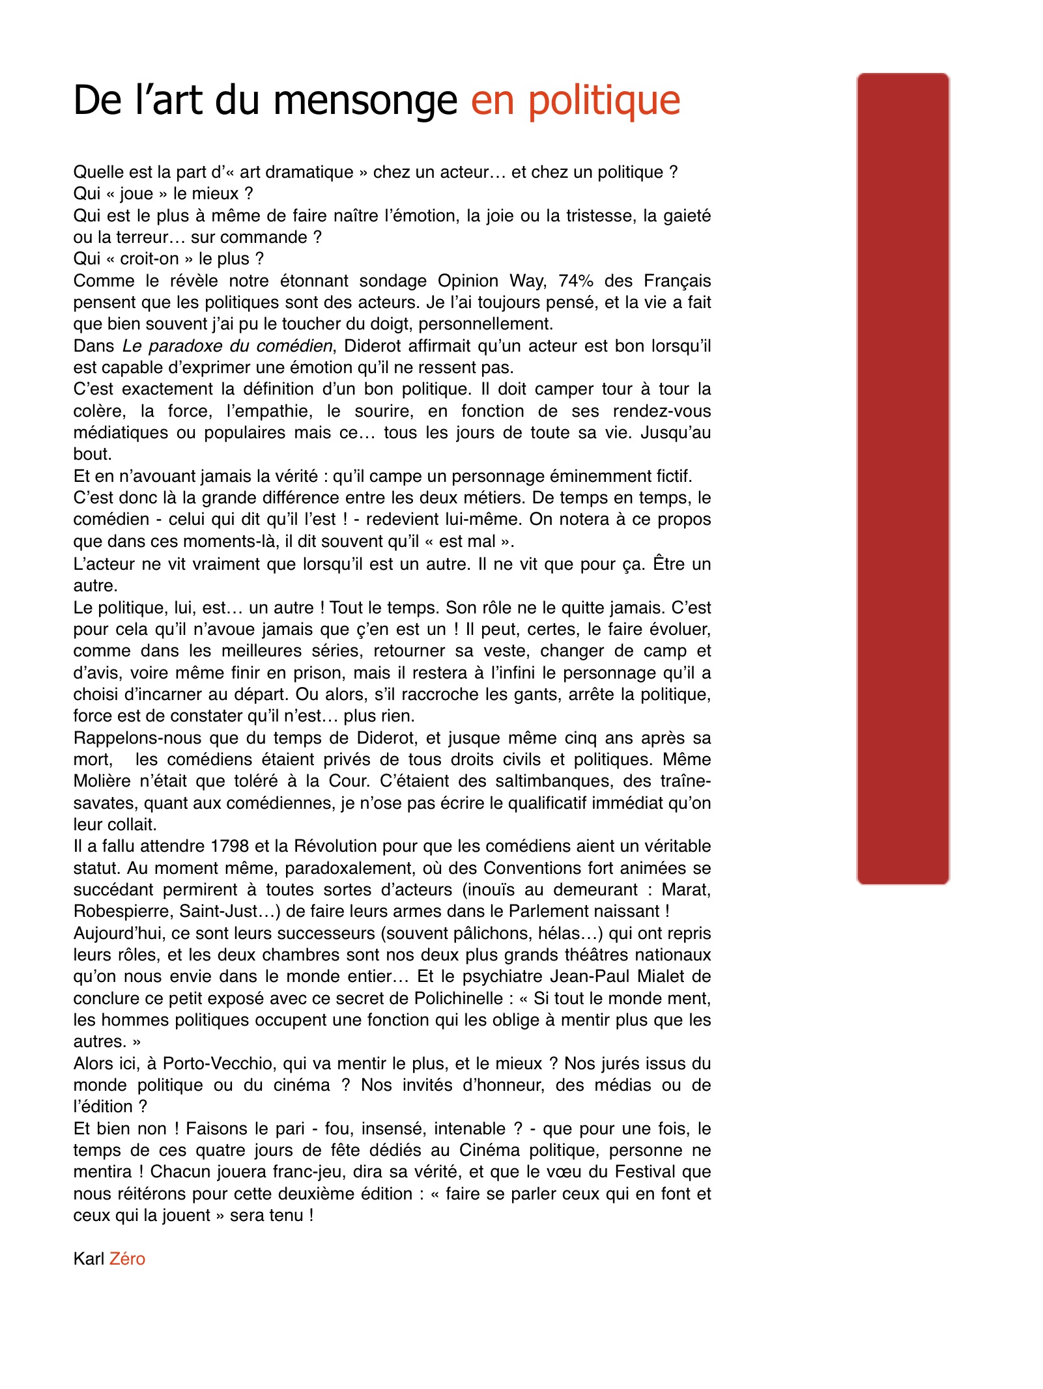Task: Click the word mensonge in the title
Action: [365, 101]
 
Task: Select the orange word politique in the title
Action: [604, 101]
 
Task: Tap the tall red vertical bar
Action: [902, 479]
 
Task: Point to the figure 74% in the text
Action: [576, 281]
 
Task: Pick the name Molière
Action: [101, 781]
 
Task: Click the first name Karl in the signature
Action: [89, 1259]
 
